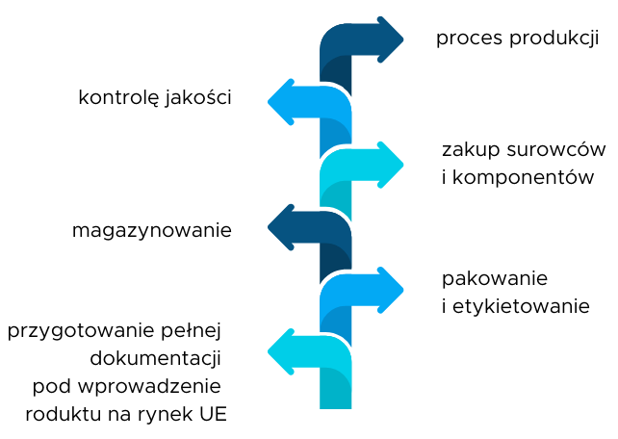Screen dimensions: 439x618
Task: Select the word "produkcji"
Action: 555,39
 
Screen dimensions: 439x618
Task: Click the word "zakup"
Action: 470,150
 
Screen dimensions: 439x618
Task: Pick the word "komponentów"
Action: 524,178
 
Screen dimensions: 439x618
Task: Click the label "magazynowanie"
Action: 151,231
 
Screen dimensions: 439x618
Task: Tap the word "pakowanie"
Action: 495,279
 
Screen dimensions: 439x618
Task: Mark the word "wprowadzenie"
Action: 159,387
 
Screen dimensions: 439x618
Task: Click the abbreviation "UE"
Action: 215,415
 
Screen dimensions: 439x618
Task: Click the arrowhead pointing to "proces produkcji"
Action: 390,39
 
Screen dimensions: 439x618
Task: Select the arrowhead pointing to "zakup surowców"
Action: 390,165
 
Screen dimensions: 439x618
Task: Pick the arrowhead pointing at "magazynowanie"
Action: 282,227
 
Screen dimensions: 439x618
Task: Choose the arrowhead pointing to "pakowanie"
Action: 390,290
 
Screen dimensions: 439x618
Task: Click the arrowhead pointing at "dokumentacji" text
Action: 282,351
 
